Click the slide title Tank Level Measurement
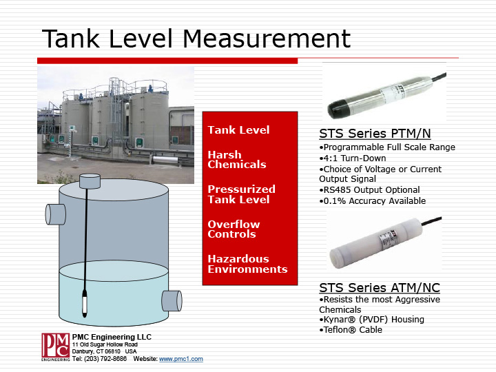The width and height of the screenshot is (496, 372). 196,38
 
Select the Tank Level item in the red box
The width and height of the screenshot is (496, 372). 238,130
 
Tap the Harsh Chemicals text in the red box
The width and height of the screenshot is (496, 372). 236,160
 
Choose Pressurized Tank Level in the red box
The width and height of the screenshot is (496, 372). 241,194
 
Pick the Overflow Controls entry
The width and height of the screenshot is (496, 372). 233,229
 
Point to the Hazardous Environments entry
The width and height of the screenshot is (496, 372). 247,264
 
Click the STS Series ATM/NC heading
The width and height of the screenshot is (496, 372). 380,287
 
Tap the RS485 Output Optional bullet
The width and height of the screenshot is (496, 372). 369,190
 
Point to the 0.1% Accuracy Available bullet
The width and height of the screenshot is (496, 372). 373,201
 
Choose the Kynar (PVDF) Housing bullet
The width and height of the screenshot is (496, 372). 371,320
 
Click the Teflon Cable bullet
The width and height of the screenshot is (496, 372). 351,330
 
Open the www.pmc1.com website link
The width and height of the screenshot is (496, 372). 180,360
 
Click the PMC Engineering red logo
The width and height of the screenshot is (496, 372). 55,347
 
